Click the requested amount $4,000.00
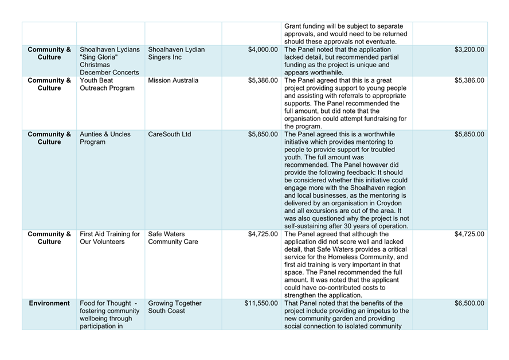click(x=263, y=50)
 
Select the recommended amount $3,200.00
click(x=469, y=50)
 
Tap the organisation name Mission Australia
click(x=173, y=81)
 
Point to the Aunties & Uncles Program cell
click(x=105, y=138)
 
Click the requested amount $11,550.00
click(x=261, y=303)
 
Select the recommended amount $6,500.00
click(x=469, y=303)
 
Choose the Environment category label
click(x=49, y=303)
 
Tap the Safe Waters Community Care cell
click(x=173, y=238)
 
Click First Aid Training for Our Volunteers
click(x=109, y=238)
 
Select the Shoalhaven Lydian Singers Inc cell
click(x=176, y=54)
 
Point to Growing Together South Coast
click(x=175, y=307)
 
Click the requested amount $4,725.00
click(x=263, y=234)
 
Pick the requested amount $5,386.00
click(x=263, y=81)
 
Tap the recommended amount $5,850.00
click(x=469, y=135)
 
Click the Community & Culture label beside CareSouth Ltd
click(x=49, y=138)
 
